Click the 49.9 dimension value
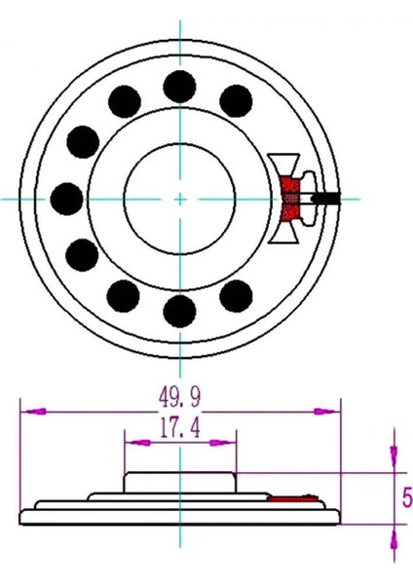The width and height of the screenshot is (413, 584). (180, 396)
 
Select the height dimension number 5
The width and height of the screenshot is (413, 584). (406, 497)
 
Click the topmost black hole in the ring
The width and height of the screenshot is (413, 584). (179, 86)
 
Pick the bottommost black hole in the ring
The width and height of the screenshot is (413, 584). (179, 311)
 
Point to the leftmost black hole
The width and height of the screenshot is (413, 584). (66, 199)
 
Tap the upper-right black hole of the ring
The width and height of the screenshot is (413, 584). (237, 99)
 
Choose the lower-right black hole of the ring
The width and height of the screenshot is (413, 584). (237, 294)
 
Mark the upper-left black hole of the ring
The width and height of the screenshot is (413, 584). (126, 99)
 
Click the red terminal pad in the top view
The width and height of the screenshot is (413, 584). (290, 199)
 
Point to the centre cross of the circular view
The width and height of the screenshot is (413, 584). (180, 199)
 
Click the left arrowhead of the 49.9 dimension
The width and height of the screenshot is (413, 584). (29, 412)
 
